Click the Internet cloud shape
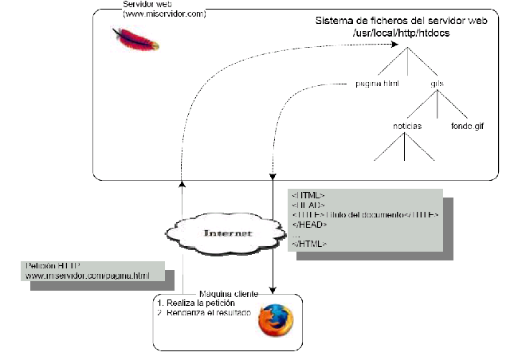227,233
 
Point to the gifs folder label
437,84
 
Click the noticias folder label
406,125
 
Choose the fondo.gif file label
468,125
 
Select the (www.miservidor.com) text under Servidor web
164,14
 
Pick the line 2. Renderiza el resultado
206,314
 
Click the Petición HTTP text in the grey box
53,265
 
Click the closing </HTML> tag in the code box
308,243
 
